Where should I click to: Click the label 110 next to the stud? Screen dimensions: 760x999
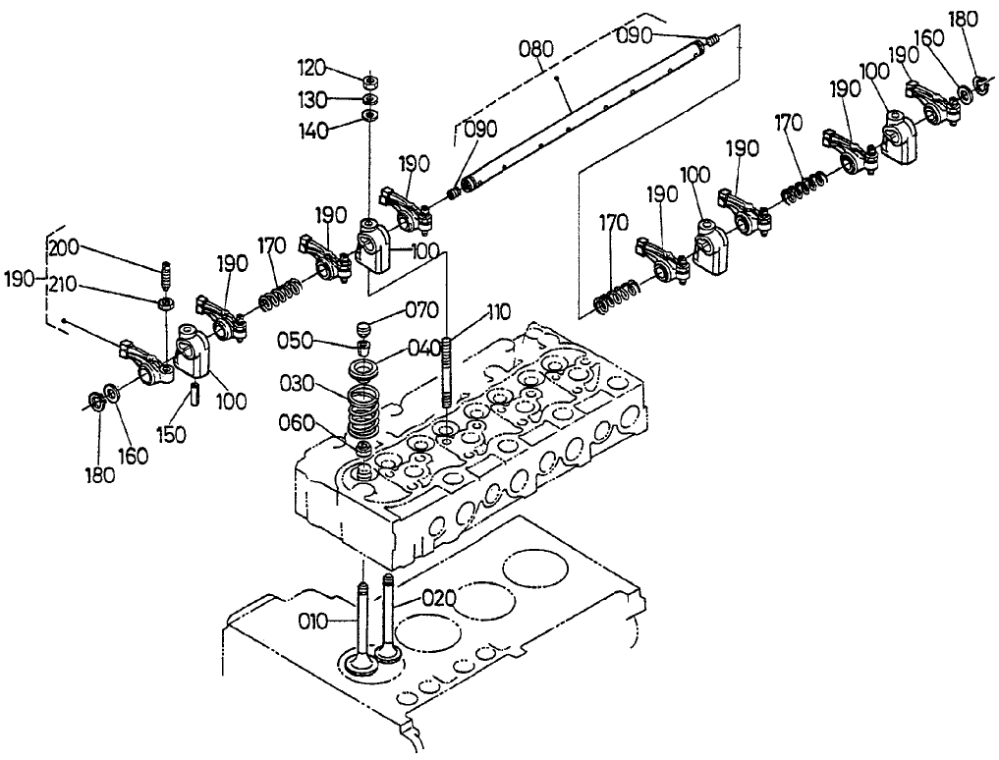tap(498, 313)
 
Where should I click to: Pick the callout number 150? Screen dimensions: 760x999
tap(173, 435)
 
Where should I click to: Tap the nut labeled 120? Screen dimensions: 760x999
tap(369, 80)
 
